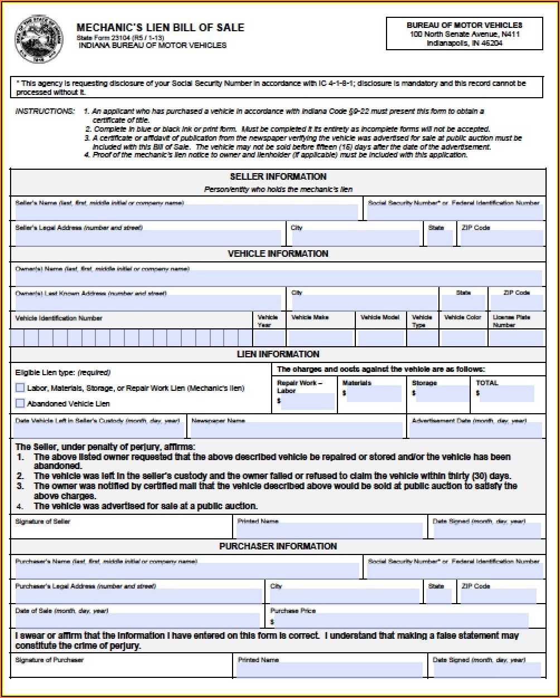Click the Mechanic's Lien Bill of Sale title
(160, 27)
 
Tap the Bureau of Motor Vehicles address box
(464, 34)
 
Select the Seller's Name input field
(186, 213)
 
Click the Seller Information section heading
(278, 176)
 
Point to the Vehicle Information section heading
(278, 254)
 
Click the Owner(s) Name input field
(278, 278)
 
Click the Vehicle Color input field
(463, 338)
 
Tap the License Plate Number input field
(518, 338)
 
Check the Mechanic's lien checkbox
(20, 388)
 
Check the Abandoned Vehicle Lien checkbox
(20, 403)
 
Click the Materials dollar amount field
(374, 394)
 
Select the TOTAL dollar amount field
(506, 394)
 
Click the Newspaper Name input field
(296, 431)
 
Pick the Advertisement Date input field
(475, 431)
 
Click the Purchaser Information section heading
(278, 546)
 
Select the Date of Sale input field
(137, 621)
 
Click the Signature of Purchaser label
(49, 660)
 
